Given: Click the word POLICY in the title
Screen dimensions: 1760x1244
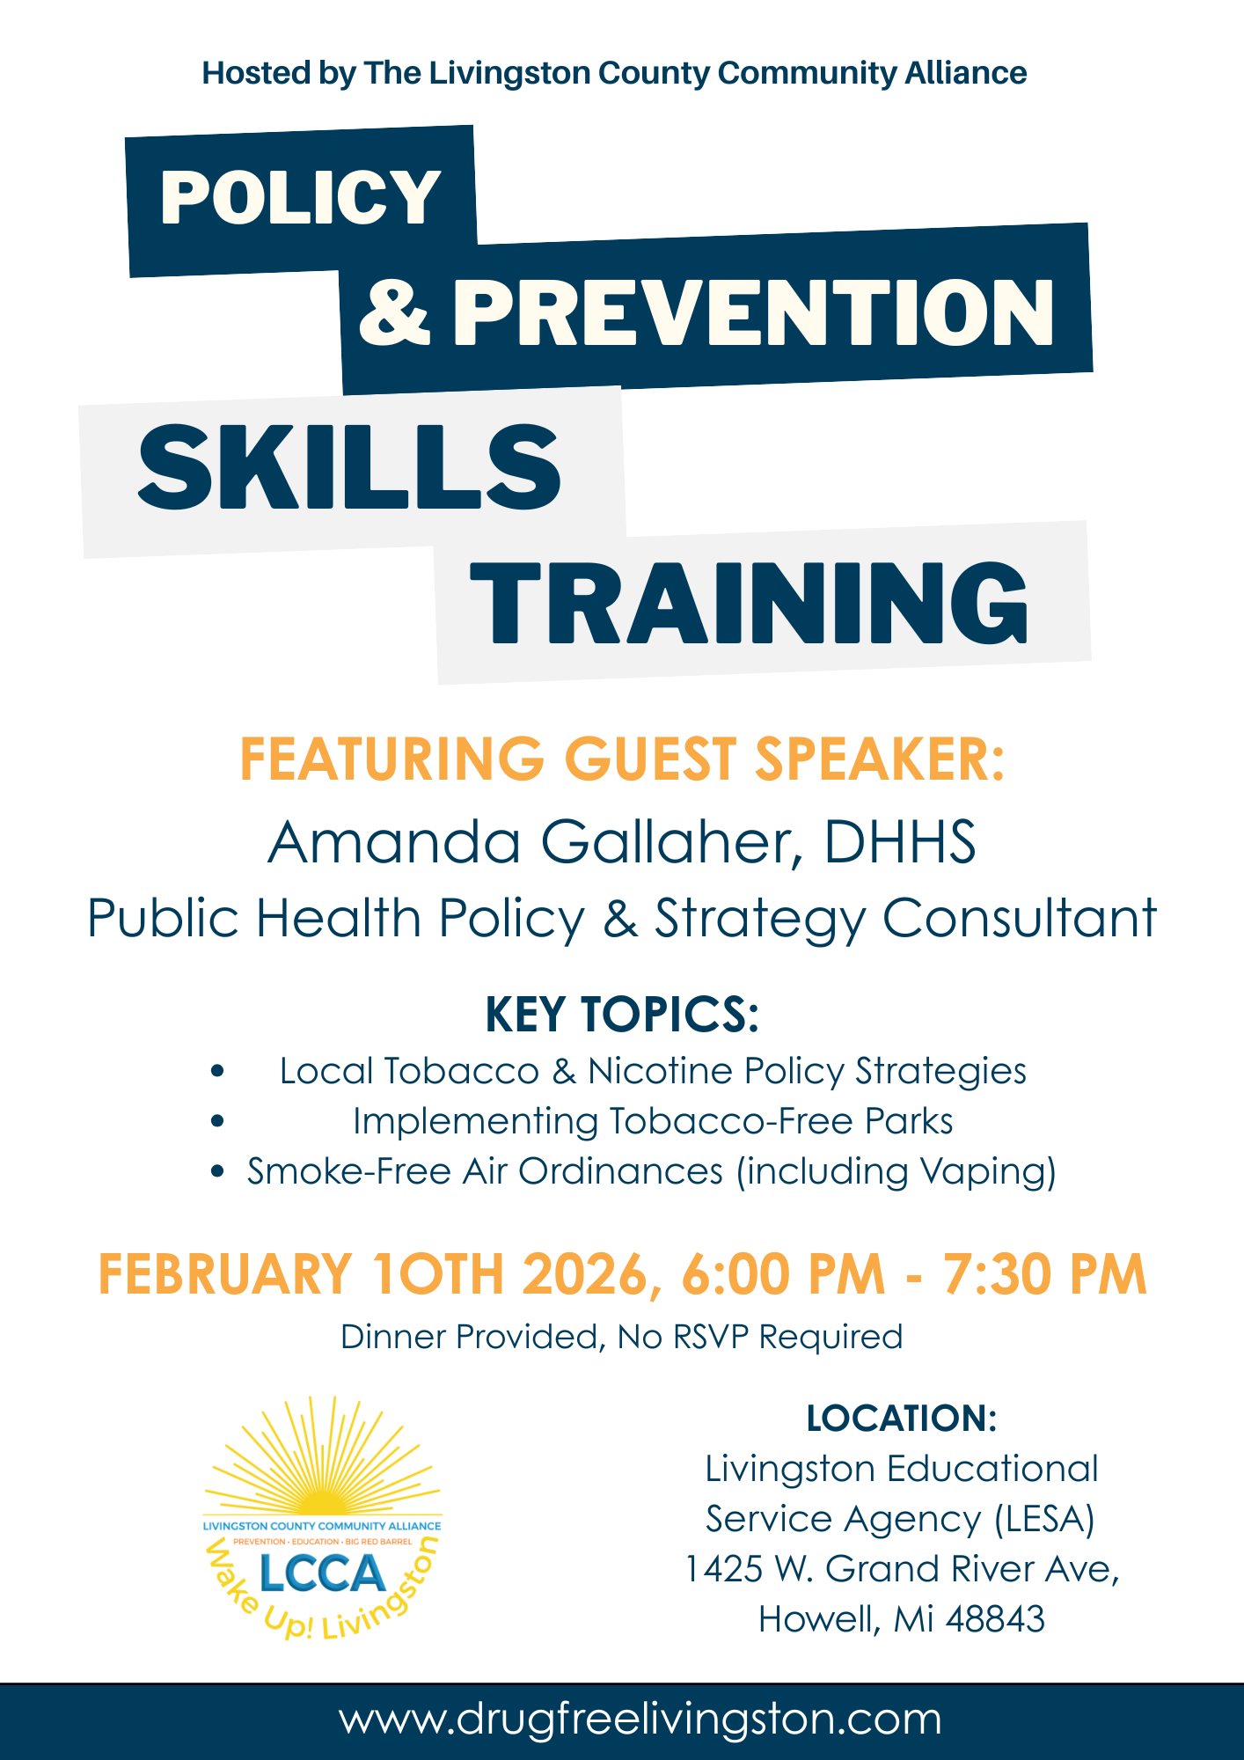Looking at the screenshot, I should [x=300, y=197].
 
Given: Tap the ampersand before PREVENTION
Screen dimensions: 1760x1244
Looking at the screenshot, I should [x=395, y=312].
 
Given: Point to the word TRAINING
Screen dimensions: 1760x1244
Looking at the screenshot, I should [x=750, y=603].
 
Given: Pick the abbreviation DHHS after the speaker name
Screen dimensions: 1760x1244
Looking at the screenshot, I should [x=899, y=842].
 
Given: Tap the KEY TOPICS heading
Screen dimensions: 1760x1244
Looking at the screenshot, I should [x=622, y=1015].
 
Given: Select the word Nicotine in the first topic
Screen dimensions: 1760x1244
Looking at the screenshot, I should [x=660, y=1072].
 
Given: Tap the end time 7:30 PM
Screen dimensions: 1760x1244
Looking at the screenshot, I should [x=1045, y=1274].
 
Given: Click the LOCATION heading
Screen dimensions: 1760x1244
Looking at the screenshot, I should [x=902, y=1419].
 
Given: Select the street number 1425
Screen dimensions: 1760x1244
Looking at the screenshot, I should [x=723, y=1569].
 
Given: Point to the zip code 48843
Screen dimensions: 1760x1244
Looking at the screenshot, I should [x=995, y=1619].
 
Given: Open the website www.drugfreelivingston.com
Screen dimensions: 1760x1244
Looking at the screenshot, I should [x=640, y=1720].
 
